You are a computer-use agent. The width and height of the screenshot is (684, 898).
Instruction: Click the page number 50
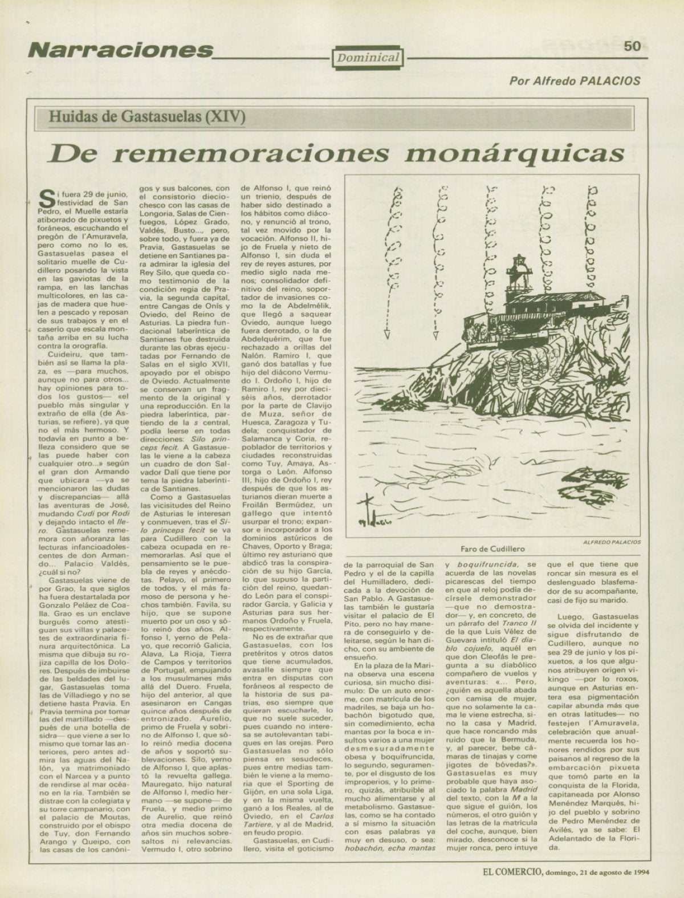[x=632, y=46]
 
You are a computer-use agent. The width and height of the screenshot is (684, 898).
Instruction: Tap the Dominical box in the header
[x=368, y=57]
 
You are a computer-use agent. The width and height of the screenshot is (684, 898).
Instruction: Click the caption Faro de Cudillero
[x=492, y=548]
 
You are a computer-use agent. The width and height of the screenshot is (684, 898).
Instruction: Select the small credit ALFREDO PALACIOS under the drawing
[x=612, y=542]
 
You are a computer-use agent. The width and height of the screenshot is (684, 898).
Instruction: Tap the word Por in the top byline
[x=518, y=81]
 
